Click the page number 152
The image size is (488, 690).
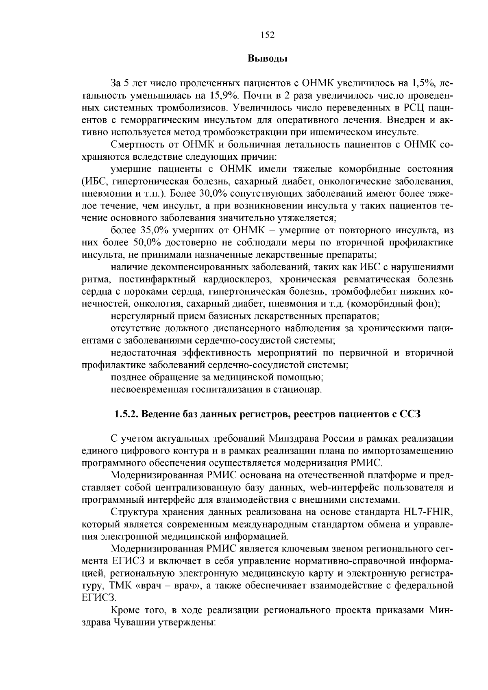click(268, 35)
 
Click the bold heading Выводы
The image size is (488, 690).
click(268, 59)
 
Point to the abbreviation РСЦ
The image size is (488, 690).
click(412, 108)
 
